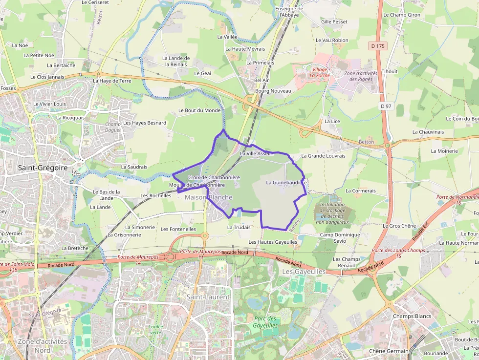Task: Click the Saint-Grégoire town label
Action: pos(42,168)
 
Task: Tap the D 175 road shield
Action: pos(377,46)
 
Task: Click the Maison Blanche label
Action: pos(209,197)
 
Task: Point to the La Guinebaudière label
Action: pos(286,182)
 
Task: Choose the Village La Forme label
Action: pos(319,73)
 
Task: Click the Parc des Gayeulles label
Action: pos(265,322)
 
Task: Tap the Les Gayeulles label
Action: pos(304,271)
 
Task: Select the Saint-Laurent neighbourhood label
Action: pos(208,297)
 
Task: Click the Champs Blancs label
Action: pos(412,316)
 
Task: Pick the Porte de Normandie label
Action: pos(457,199)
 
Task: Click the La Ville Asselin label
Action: pos(257,153)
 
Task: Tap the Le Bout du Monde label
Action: pos(199,110)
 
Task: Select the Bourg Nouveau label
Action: pos(273,91)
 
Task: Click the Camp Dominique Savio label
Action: pos(340,238)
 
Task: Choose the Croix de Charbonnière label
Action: pos(214,177)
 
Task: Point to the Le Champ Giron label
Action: pos(401,15)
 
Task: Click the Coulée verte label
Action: pos(155,329)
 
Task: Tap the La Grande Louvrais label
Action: pos(323,156)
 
